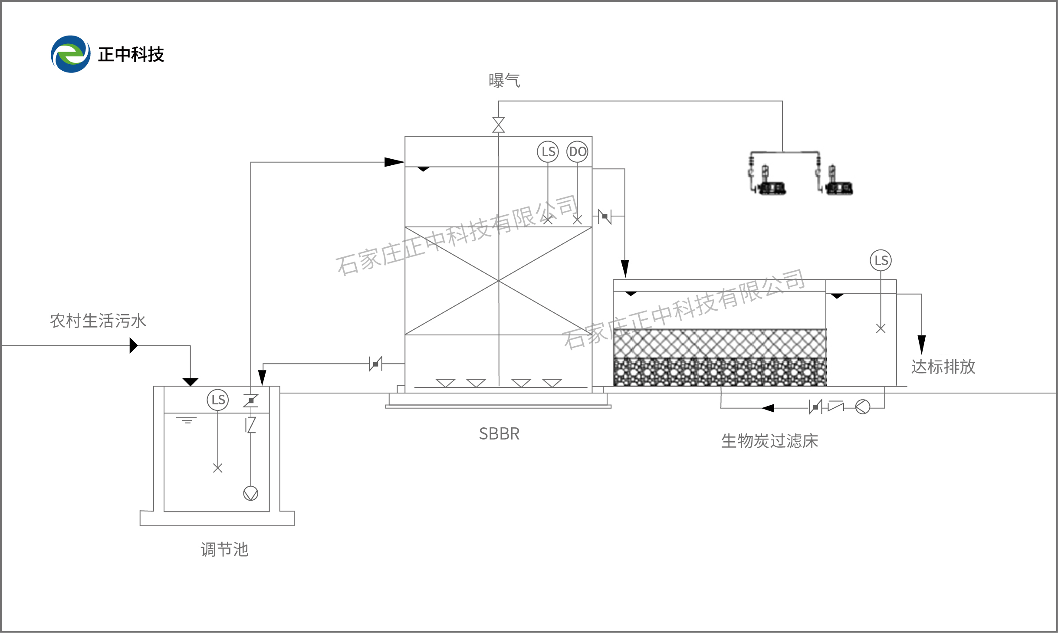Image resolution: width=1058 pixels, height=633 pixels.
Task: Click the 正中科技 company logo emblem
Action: (x=71, y=54)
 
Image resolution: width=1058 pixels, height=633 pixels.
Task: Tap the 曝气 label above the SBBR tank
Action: (x=504, y=81)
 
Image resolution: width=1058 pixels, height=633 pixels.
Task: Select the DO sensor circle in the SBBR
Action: (x=577, y=151)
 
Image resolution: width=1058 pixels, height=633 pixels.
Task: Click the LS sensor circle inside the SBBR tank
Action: (x=548, y=151)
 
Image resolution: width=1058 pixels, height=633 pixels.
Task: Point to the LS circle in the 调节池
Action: (x=218, y=400)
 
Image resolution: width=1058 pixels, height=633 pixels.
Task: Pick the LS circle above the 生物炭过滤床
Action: (x=881, y=260)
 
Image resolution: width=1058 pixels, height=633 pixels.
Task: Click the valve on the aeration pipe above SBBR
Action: (x=499, y=125)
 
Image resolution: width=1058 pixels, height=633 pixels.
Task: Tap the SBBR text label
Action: (x=499, y=434)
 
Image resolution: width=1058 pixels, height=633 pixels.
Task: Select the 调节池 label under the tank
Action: (x=224, y=550)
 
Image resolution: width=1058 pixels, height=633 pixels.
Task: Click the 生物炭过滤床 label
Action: (x=769, y=441)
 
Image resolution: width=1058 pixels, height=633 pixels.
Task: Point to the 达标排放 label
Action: (x=943, y=367)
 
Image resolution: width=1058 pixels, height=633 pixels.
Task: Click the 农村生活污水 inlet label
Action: (x=98, y=321)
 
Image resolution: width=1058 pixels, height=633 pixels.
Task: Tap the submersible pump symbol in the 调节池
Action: (x=251, y=493)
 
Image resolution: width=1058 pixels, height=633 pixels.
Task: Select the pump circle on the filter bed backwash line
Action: (x=862, y=407)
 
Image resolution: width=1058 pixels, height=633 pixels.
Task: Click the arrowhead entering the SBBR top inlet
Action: (x=394, y=162)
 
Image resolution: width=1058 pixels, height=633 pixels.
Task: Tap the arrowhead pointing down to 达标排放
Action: (x=921, y=344)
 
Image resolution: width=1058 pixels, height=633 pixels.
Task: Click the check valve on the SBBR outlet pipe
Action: (x=605, y=216)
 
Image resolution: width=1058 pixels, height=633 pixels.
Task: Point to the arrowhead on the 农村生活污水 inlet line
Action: (x=134, y=345)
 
